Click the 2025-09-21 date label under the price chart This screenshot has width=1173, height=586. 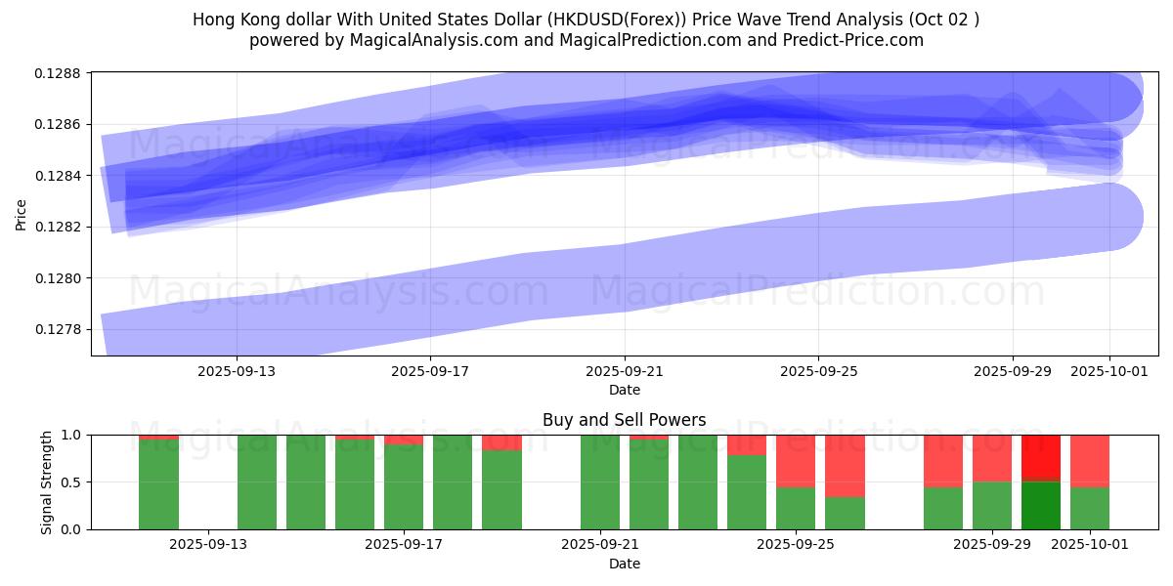coord(625,371)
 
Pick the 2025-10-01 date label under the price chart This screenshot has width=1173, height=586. coord(1109,371)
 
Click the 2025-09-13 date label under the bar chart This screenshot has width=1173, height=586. coord(208,544)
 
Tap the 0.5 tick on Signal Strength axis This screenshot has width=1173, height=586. coord(73,482)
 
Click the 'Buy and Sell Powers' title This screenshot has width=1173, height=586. coord(624,421)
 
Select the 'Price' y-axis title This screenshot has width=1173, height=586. coord(22,215)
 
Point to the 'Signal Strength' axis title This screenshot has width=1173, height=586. coord(47,481)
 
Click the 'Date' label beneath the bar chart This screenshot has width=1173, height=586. coord(624,564)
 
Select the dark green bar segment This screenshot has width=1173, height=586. coord(1041,505)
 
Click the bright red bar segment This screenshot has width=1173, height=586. coord(1041,457)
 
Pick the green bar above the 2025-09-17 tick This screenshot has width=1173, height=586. coord(404,486)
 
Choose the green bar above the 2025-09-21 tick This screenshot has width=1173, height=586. coord(600,482)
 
